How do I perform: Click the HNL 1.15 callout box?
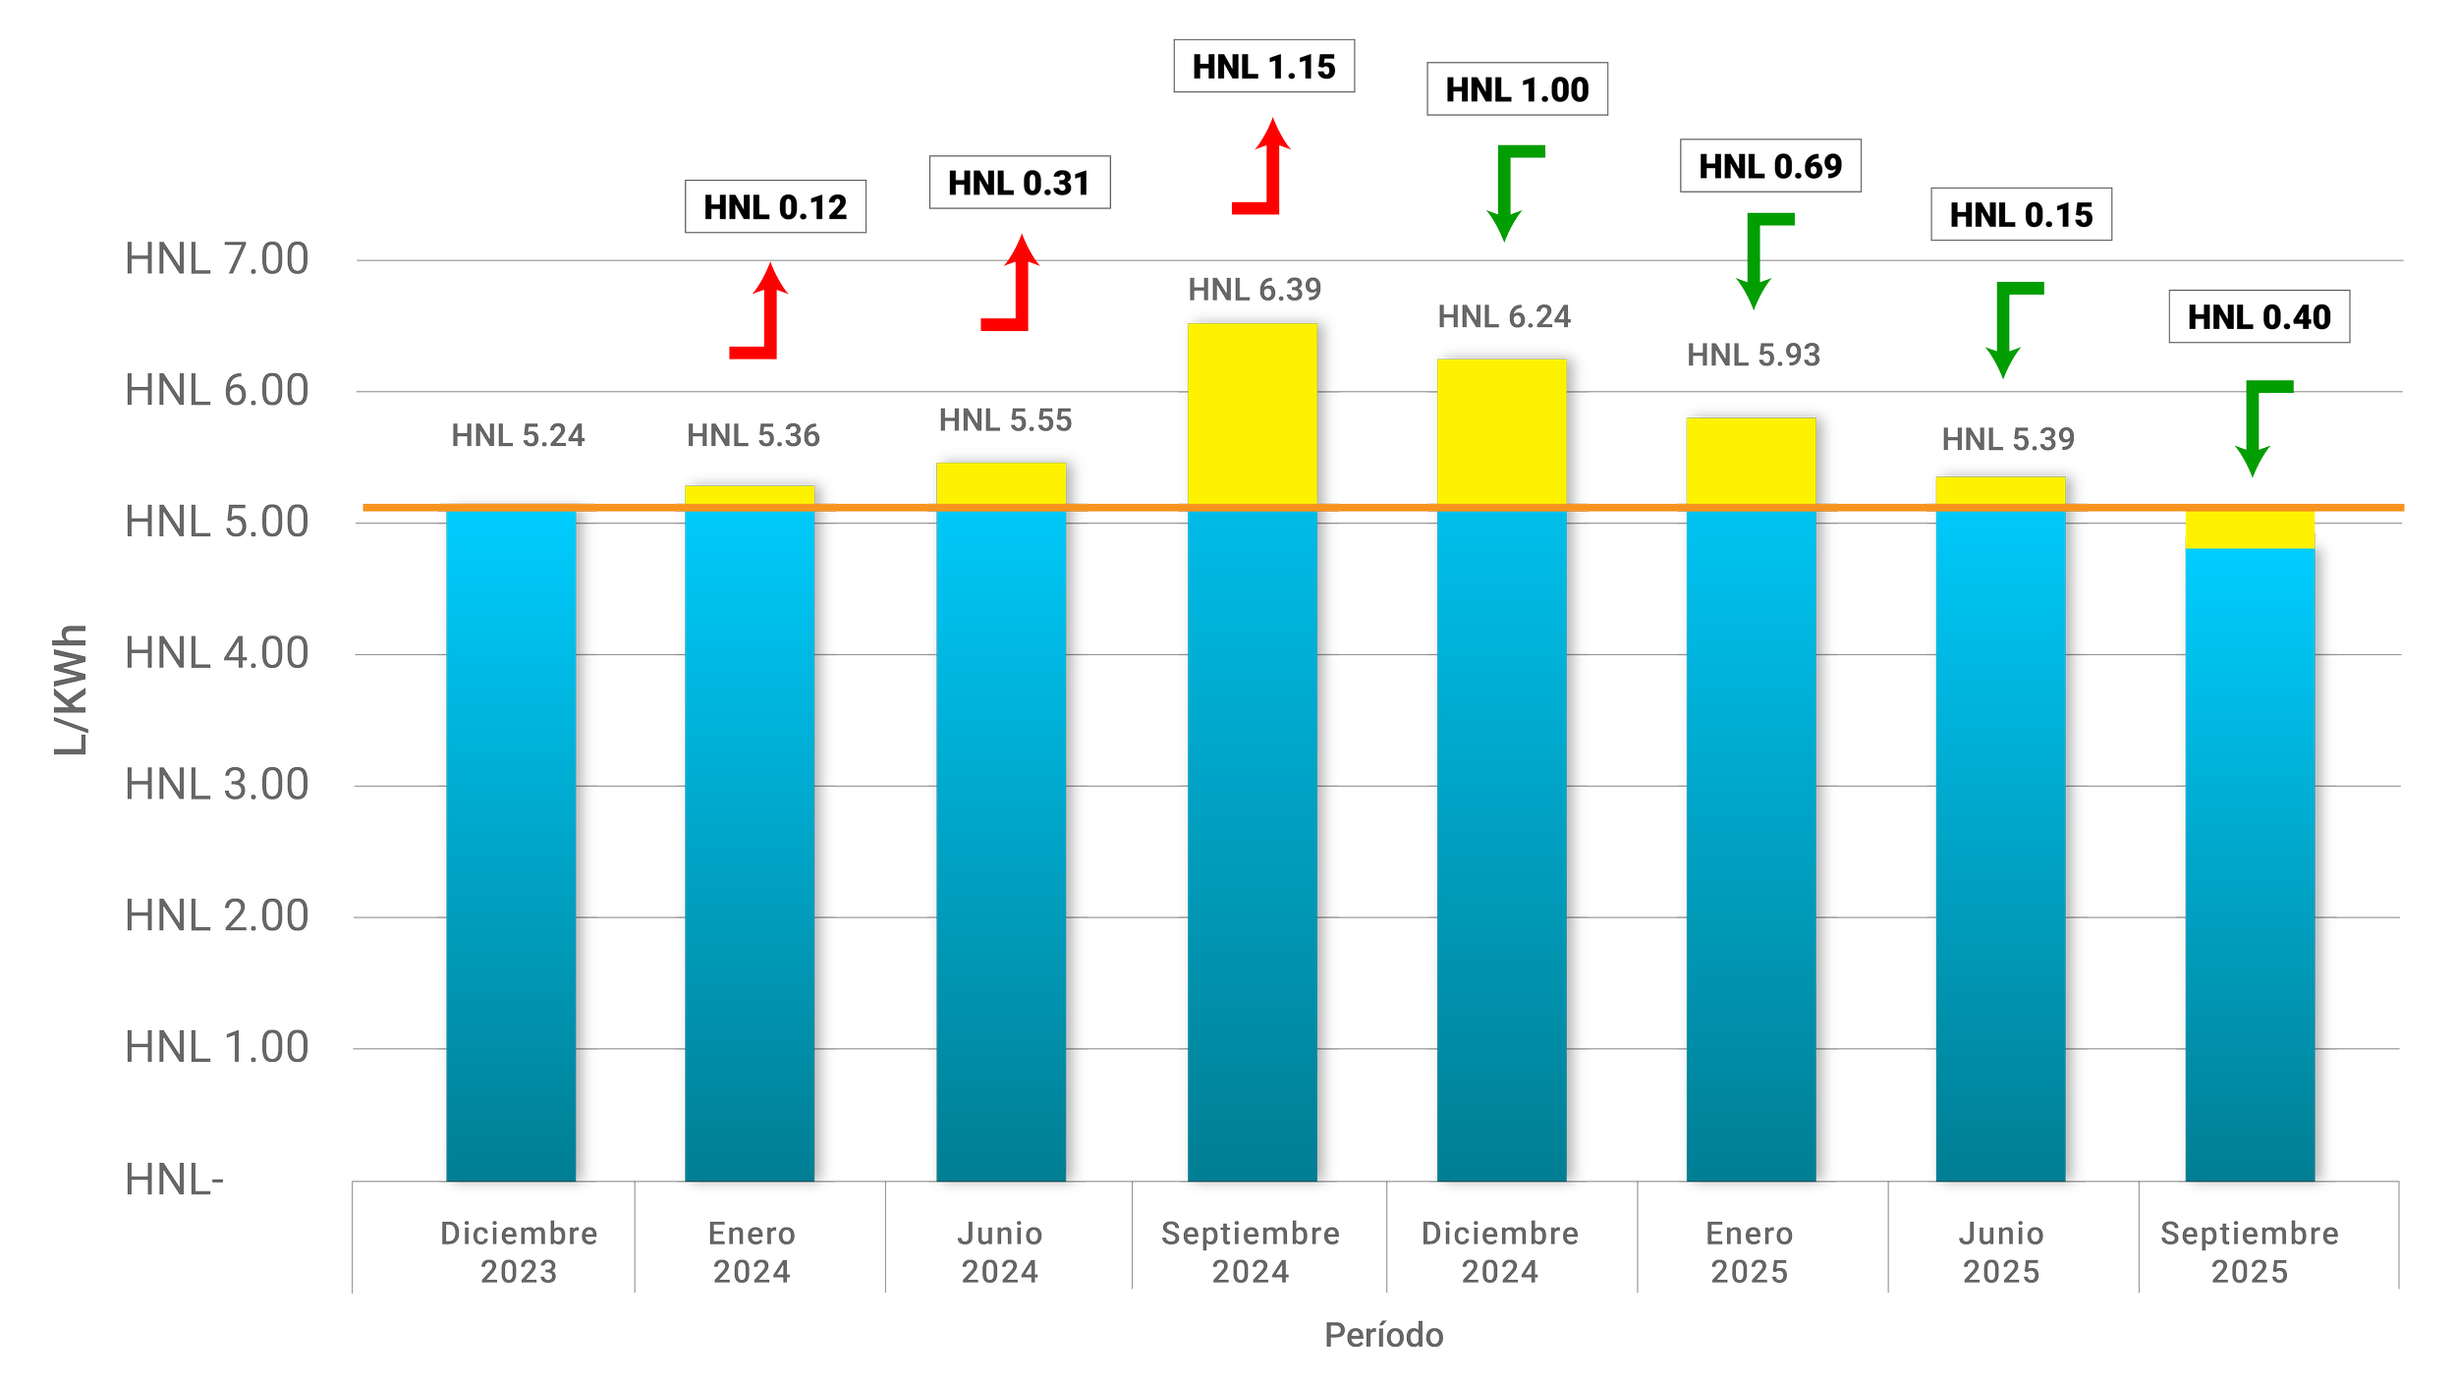pyautogui.click(x=1263, y=66)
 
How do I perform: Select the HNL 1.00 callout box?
pyautogui.click(x=1517, y=89)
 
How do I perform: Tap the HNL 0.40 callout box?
pyautogui.click(x=2259, y=316)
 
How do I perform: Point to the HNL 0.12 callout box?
pyautogui.click(x=775, y=206)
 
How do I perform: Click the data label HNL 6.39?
pyautogui.click(x=1255, y=290)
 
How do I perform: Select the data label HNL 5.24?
pyautogui.click(x=518, y=435)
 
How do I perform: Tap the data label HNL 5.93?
pyautogui.click(x=1754, y=355)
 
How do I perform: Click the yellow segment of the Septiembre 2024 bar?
pyautogui.click(x=1253, y=414)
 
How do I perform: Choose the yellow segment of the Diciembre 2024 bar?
pyautogui.click(x=1502, y=431)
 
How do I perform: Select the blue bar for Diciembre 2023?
pyautogui.click(x=511, y=845)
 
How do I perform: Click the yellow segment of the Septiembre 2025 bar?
pyautogui.click(x=2250, y=529)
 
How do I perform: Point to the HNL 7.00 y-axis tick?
pyautogui.click(x=216, y=259)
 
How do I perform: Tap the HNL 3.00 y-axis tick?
pyautogui.click(x=216, y=785)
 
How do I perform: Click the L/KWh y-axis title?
pyautogui.click(x=71, y=690)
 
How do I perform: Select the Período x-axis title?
pyautogui.click(x=1383, y=1335)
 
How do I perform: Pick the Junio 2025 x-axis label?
pyautogui.click(x=2001, y=1252)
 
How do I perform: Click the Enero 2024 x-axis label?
pyautogui.click(x=752, y=1252)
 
